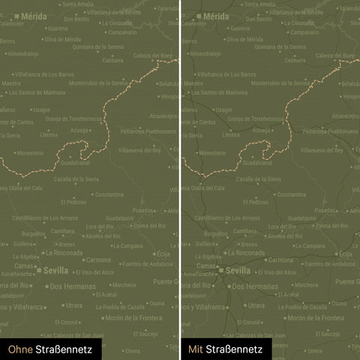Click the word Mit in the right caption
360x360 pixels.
(x=196, y=349)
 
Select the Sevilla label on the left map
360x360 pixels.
(x=55, y=270)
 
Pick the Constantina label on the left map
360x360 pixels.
(x=110, y=194)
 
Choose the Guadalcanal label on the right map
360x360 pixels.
(x=258, y=162)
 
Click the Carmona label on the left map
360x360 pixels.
(x=98, y=259)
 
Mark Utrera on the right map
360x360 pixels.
(x=254, y=305)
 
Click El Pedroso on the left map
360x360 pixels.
(x=76, y=202)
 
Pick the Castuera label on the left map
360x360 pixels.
(x=112, y=61)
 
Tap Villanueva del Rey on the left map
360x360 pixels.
(x=139, y=150)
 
